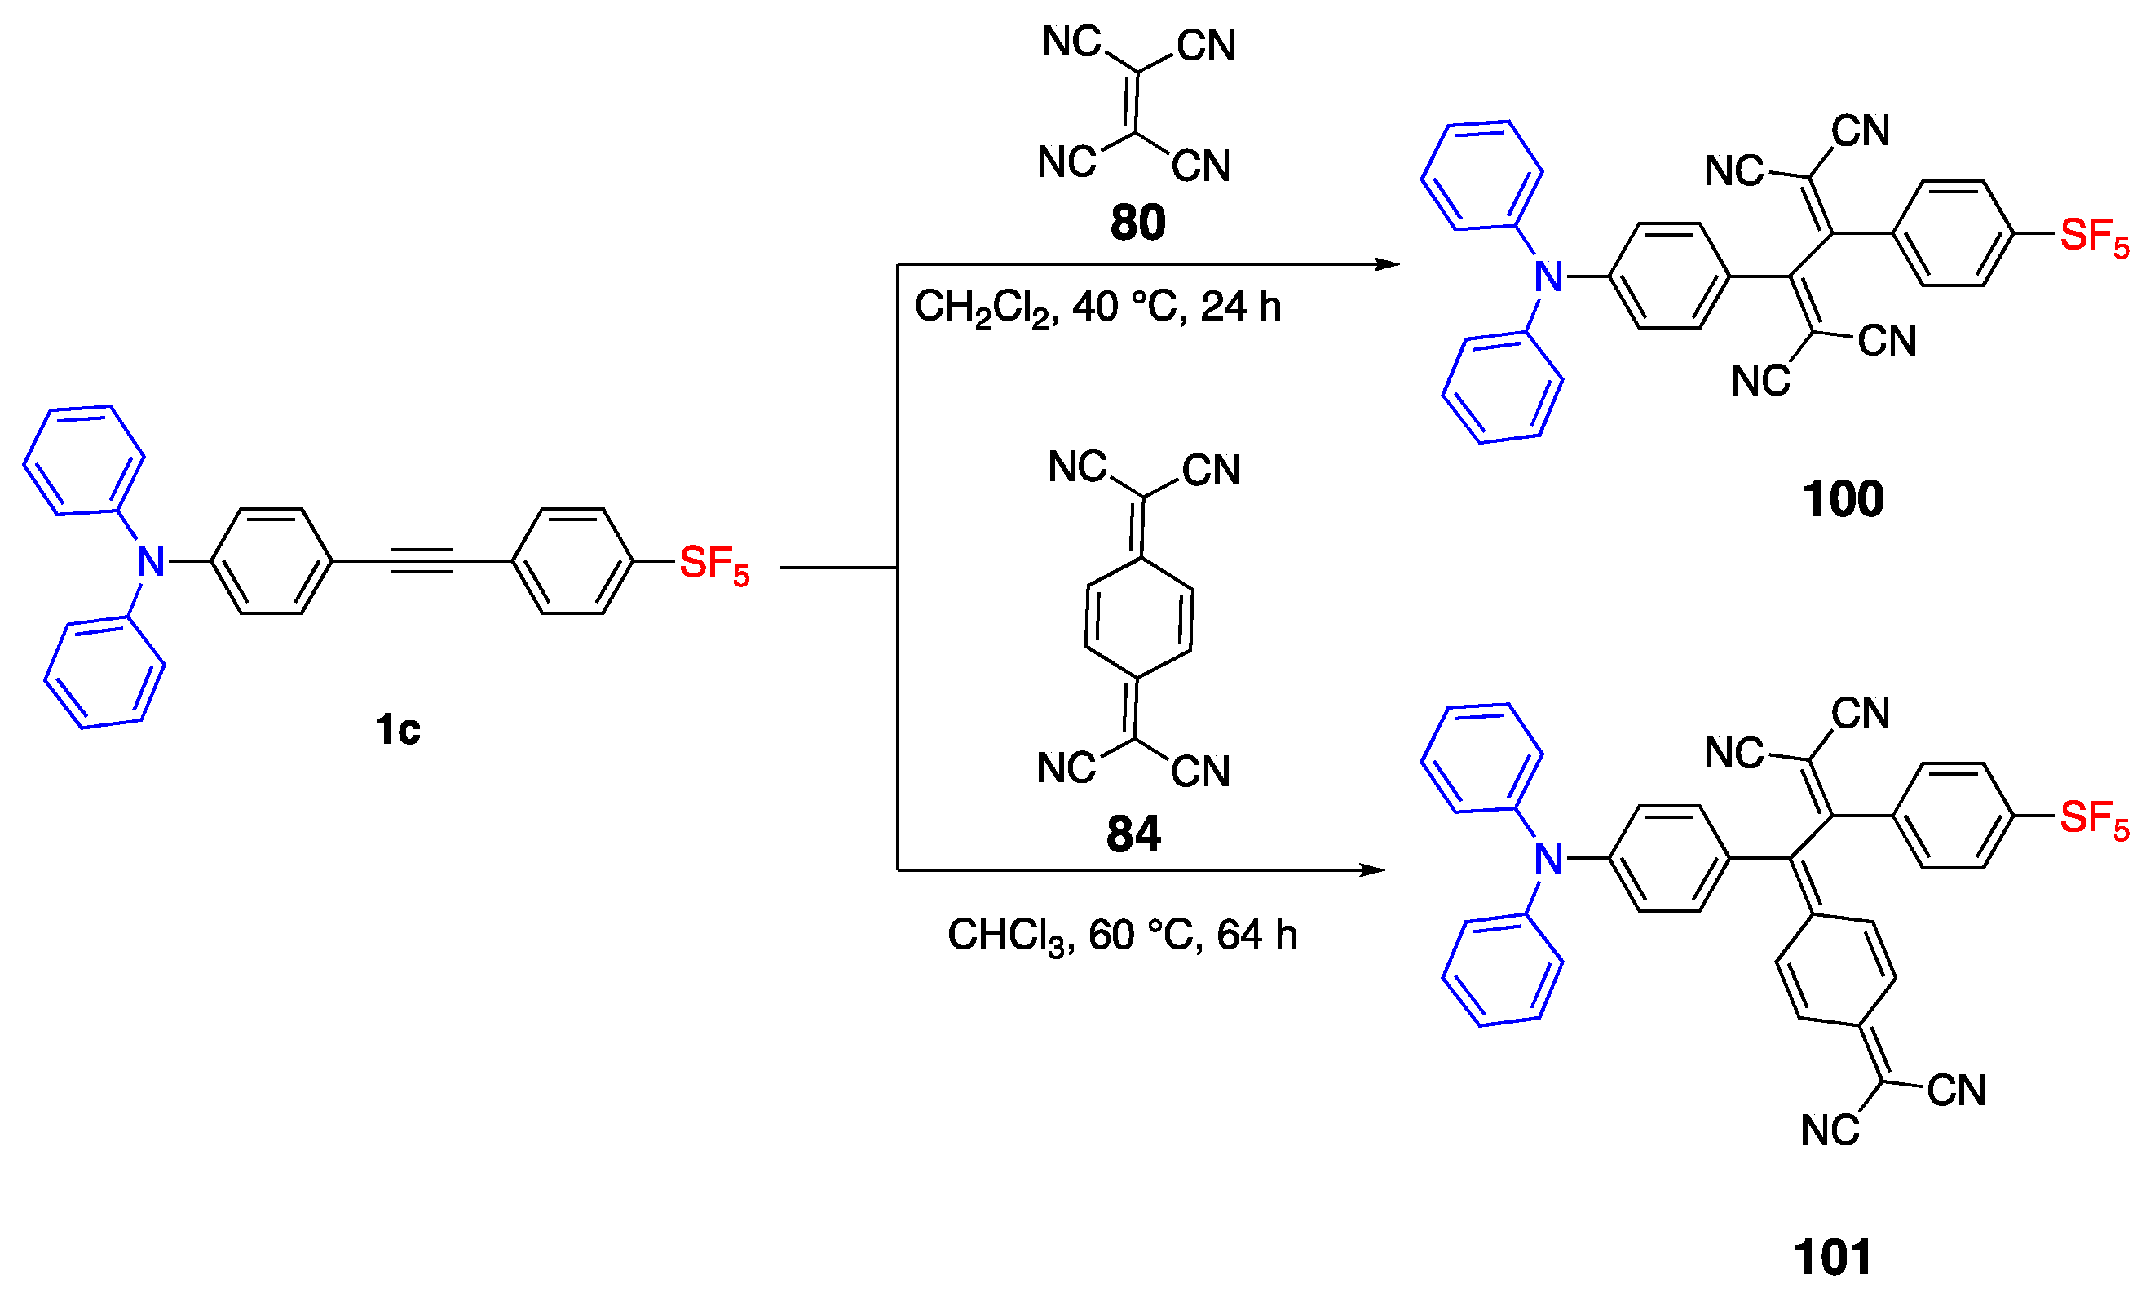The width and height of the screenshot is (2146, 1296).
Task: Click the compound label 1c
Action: [x=397, y=729]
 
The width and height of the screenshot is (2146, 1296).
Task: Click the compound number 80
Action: [x=1137, y=223]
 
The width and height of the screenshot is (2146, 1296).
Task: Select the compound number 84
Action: [x=1133, y=834]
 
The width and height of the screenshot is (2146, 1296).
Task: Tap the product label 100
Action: [x=1842, y=500]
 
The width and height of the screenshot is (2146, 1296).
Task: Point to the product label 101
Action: [x=1832, y=1258]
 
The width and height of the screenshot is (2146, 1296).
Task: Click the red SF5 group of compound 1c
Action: [x=713, y=564]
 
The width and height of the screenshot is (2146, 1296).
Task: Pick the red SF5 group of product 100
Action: [x=2093, y=236]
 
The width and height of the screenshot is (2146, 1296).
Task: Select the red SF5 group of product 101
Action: [x=2093, y=819]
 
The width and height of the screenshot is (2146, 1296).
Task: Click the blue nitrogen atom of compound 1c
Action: [x=151, y=562]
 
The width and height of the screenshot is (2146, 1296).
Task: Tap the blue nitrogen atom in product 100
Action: [x=1548, y=277]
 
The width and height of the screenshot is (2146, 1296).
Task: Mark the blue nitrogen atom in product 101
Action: [x=1548, y=859]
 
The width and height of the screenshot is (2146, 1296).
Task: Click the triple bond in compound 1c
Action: [x=422, y=561]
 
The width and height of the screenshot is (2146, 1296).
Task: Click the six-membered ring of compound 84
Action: [x=1138, y=618]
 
